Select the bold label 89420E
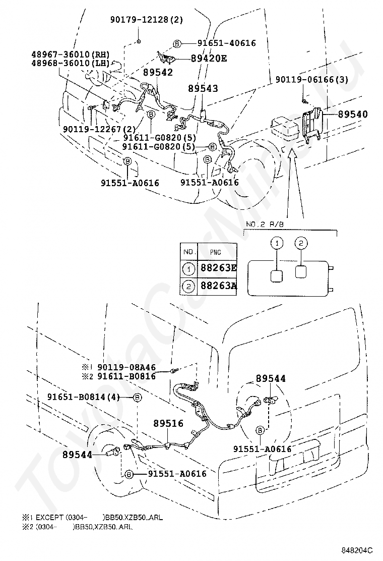pos(209,58)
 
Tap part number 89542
pos(158,73)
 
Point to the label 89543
pos(203,88)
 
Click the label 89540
pos(352,115)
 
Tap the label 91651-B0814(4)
pos(84,398)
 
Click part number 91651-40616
pos(226,43)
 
